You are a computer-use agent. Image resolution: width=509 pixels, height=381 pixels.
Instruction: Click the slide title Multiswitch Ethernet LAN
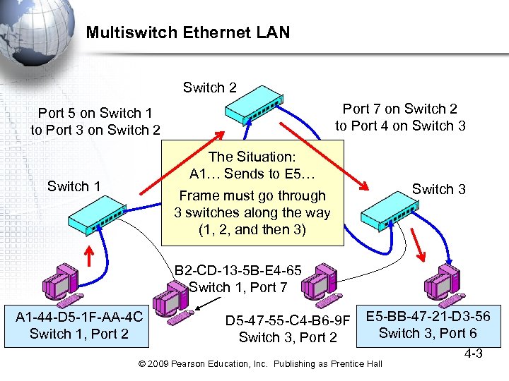pyautogui.click(x=187, y=32)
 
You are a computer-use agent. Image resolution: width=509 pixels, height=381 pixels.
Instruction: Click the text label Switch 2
pyautogui.click(x=209, y=87)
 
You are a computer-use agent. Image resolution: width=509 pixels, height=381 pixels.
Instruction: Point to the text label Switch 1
pyautogui.click(x=74, y=186)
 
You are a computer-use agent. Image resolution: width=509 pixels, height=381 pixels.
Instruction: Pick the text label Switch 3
pyautogui.click(x=438, y=188)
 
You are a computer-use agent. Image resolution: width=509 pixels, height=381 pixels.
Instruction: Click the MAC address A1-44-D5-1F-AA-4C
pyautogui.click(x=78, y=317)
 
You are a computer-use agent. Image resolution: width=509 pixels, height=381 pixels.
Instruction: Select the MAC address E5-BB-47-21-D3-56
pyautogui.click(x=428, y=316)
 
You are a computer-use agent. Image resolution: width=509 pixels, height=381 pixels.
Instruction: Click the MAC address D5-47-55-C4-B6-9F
pyautogui.click(x=288, y=322)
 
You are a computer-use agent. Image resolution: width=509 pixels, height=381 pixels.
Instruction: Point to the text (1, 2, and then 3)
pyautogui.click(x=252, y=229)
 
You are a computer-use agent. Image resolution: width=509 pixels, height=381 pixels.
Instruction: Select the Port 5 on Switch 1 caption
pyautogui.click(x=95, y=113)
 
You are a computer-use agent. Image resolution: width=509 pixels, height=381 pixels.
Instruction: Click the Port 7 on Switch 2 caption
pyautogui.click(x=399, y=109)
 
